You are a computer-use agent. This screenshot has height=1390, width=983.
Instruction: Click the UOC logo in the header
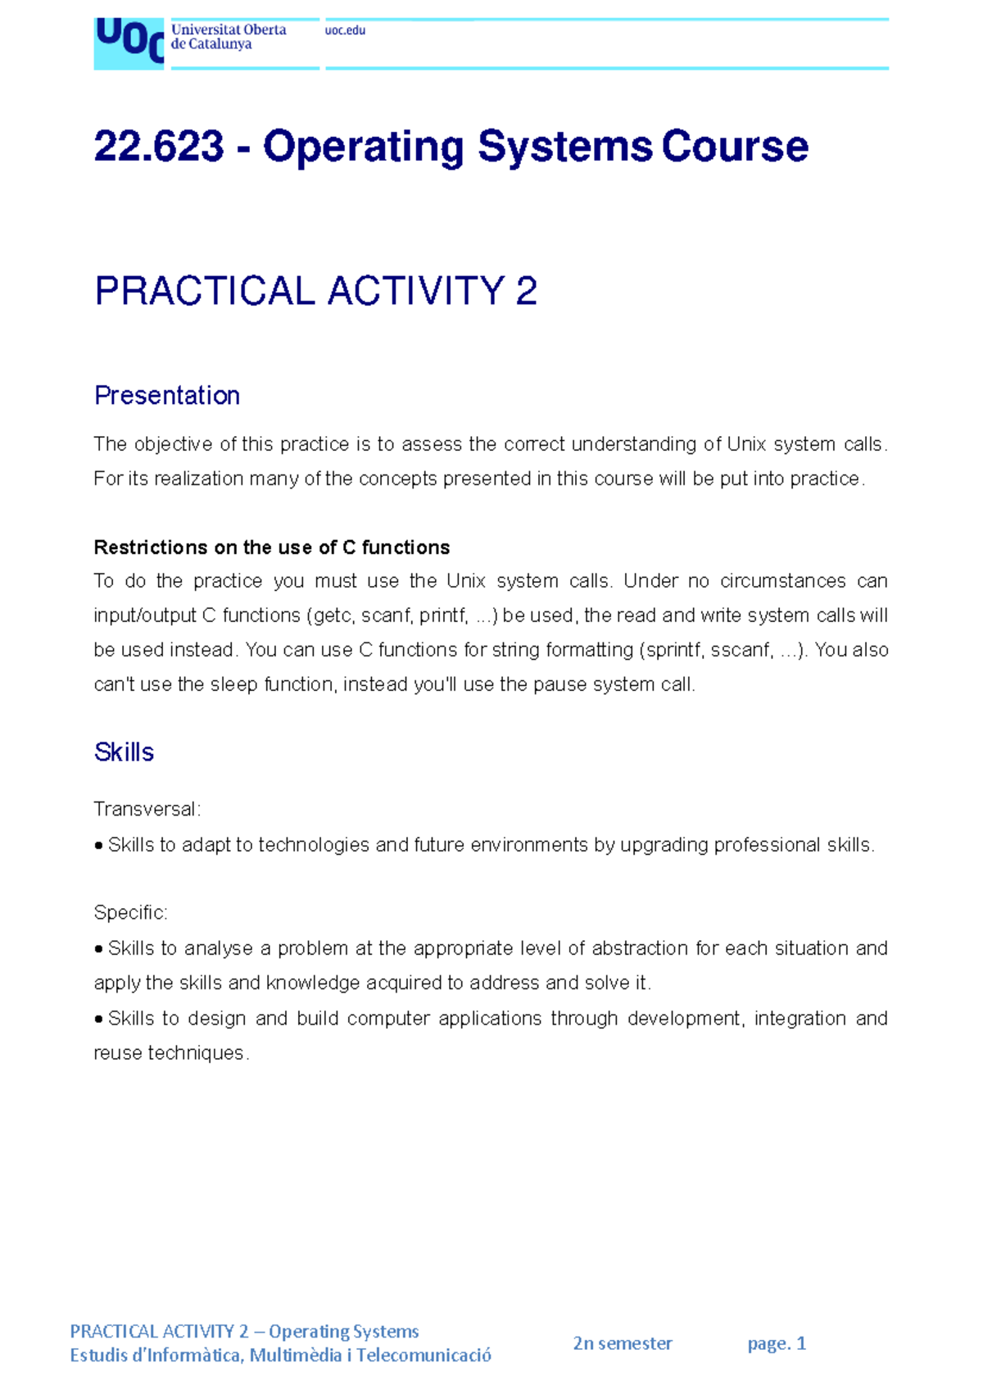(x=129, y=43)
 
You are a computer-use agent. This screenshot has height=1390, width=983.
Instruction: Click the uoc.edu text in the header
(x=345, y=30)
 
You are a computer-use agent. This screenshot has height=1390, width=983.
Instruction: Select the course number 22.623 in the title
(x=159, y=147)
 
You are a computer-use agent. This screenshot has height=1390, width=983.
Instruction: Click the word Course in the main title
(x=735, y=147)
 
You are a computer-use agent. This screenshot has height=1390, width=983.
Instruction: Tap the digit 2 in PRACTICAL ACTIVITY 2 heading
(x=527, y=292)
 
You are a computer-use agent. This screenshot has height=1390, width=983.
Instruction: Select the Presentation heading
(x=167, y=396)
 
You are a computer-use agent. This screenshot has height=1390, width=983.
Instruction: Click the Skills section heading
(x=124, y=752)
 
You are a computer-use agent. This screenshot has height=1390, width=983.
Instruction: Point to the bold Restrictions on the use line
(x=272, y=547)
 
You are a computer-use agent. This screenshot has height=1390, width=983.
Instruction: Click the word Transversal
(x=145, y=810)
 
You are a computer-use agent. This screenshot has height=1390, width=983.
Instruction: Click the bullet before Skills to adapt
(x=99, y=846)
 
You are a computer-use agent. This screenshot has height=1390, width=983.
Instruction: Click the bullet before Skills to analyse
(x=99, y=949)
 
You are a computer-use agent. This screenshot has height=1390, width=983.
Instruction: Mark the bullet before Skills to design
(x=99, y=1020)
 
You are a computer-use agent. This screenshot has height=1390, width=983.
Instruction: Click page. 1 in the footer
(x=777, y=1343)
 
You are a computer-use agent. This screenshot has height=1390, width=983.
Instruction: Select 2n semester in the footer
(x=623, y=1343)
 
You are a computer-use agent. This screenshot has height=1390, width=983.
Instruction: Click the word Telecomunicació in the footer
(x=424, y=1356)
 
